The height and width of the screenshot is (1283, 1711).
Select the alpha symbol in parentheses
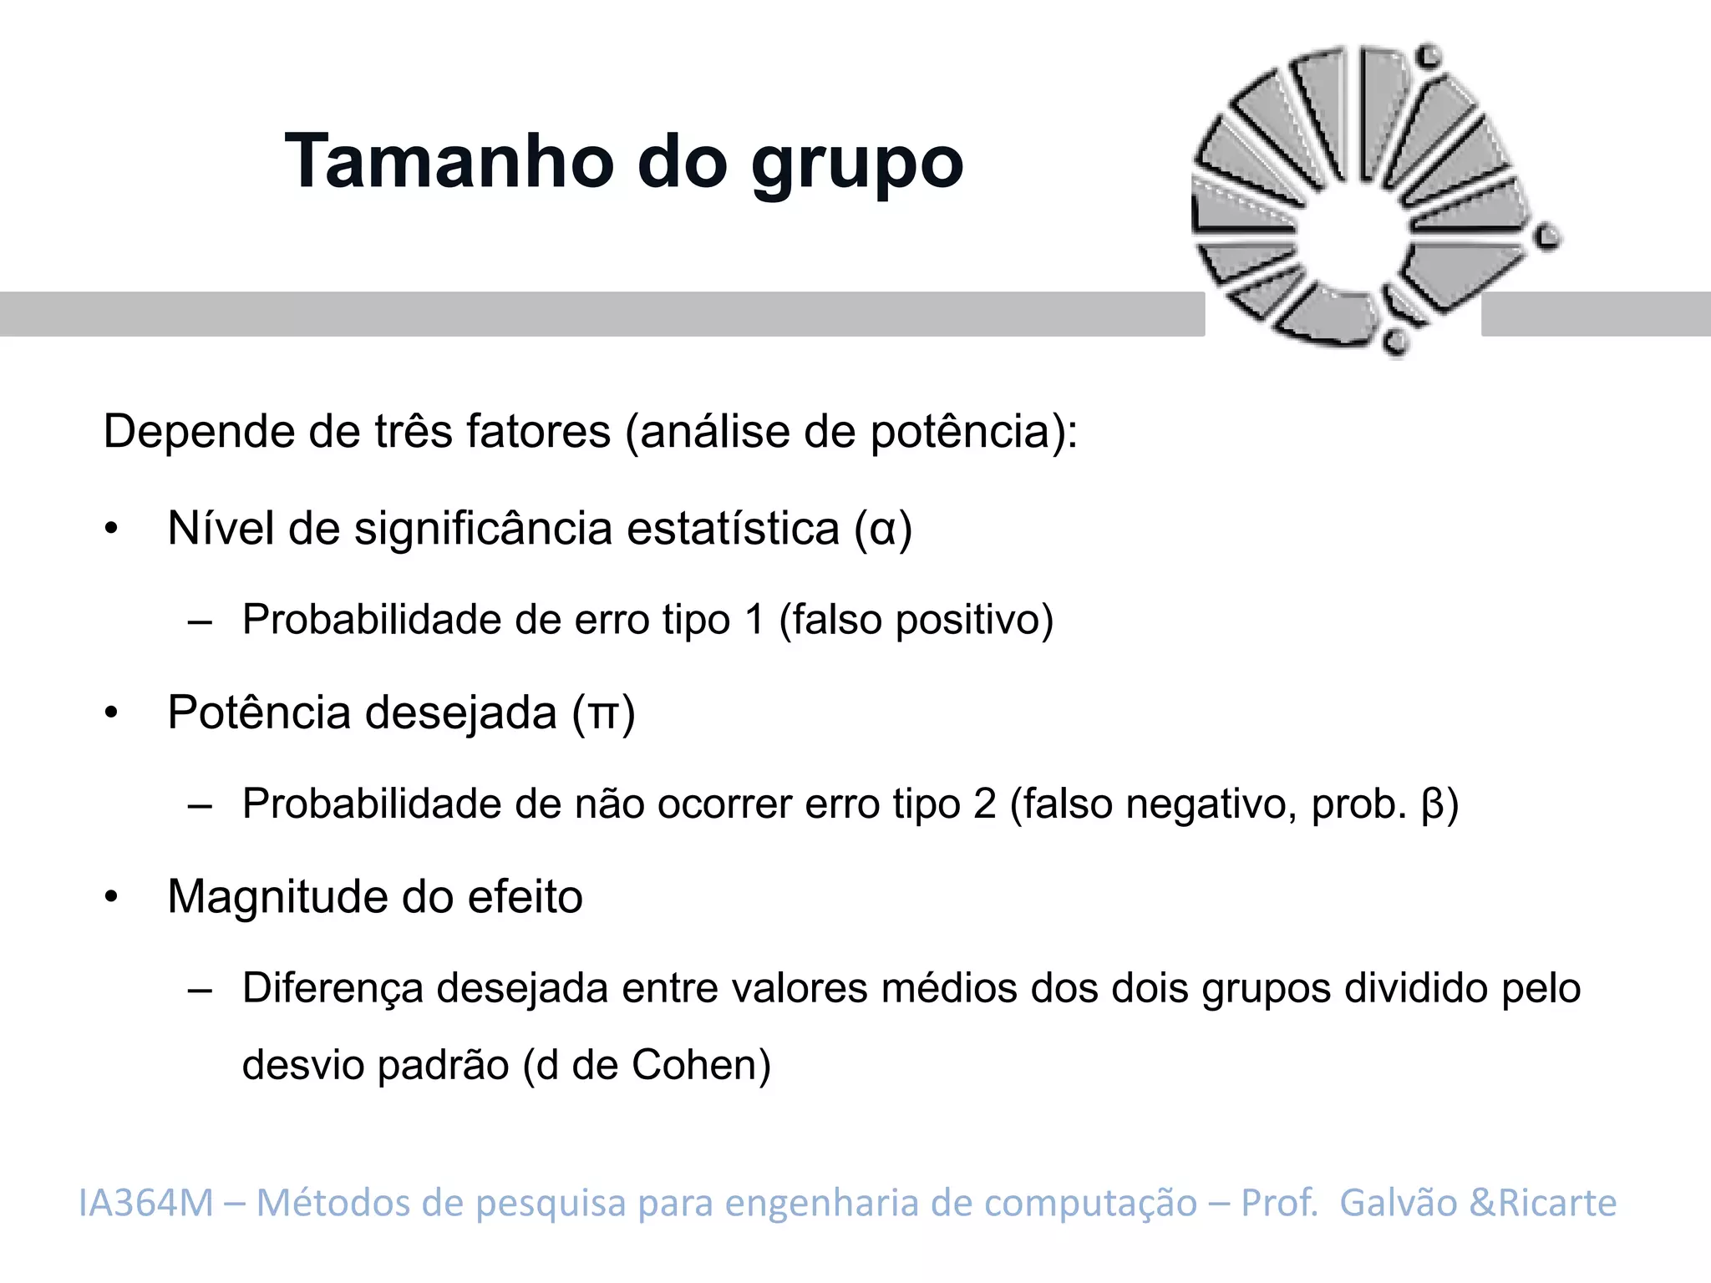pos(883,530)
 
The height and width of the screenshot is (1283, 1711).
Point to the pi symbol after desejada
pos(603,714)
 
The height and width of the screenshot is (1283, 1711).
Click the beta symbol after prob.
pos(1432,804)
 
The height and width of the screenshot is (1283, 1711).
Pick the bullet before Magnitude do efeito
pos(112,897)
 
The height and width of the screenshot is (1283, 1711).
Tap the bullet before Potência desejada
pos(112,713)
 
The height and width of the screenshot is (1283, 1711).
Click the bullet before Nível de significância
pos(112,530)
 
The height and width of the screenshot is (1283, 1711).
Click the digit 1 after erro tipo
pos(754,620)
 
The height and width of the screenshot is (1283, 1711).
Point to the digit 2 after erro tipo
pos(985,804)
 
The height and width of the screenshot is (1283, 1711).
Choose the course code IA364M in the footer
pos(146,1203)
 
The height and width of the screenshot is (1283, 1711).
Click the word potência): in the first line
pos(974,433)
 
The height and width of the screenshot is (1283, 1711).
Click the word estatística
pos(733,530)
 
